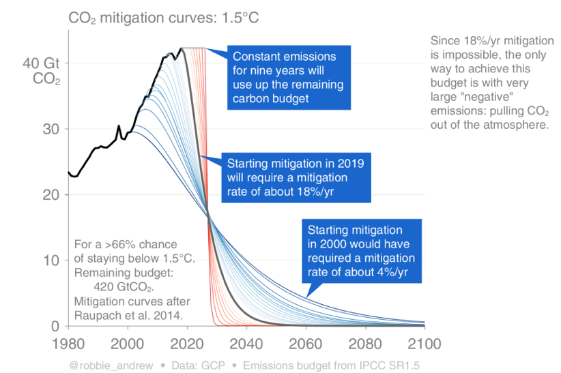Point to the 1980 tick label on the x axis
[69, 342]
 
